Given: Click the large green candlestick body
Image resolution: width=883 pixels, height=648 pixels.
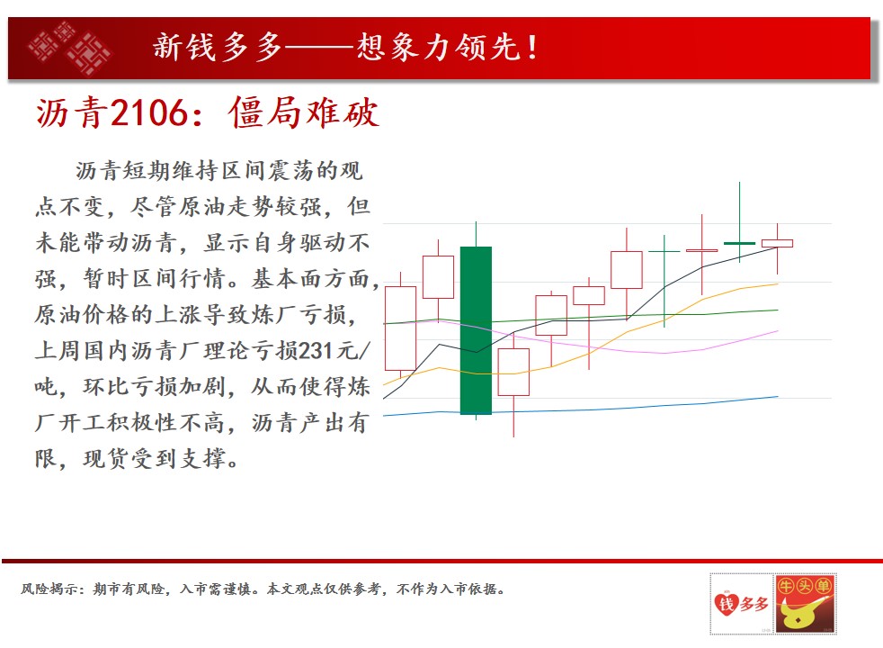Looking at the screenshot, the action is (x=476, y=330).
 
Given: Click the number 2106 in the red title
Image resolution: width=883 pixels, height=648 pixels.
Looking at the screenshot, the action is (x=148, y=112).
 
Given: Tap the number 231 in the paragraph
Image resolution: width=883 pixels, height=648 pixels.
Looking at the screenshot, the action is (x=316, y=351).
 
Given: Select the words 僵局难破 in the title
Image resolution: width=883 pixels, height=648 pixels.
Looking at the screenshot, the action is (x=304, y=112).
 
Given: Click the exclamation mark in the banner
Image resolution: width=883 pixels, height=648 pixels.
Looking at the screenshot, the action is (x=532, y=48).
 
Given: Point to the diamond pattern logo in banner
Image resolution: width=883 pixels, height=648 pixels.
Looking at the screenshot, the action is (x=70, y=48).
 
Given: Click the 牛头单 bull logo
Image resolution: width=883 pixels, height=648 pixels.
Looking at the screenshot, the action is (x=806, y=604).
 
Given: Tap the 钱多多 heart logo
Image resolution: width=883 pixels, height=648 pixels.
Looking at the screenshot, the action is (x=741, y=604).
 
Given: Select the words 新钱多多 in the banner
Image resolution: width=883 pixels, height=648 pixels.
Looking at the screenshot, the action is (x=217, y=47).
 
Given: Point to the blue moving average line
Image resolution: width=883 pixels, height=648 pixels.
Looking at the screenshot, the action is (x=581, y=408).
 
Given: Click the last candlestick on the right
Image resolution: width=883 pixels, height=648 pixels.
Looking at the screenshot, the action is (x=777, y=243).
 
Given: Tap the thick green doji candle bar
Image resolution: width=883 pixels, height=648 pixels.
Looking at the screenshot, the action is (x=739, y=243).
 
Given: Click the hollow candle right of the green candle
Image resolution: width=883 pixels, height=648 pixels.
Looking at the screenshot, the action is (x=513, y=372).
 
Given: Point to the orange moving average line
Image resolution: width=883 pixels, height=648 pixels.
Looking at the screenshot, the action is (x=581, y=355).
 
